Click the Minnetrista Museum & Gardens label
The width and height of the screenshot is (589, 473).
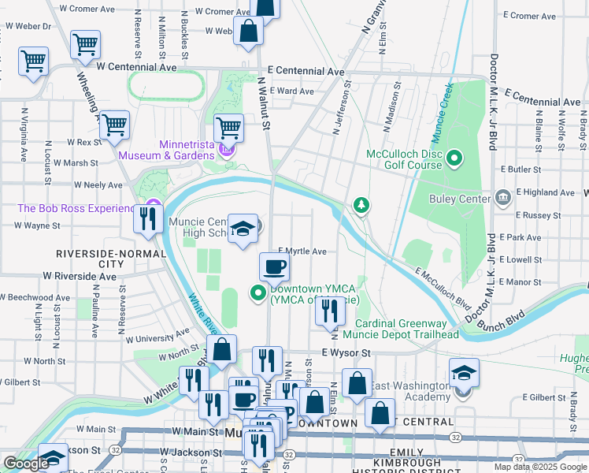(165, 150)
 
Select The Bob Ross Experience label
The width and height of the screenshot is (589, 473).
(76, 208)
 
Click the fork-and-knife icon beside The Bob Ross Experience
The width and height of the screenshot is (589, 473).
(147, 217)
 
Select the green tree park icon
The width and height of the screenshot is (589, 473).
(361, 206)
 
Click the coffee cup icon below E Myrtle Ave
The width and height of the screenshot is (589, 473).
(274, 266)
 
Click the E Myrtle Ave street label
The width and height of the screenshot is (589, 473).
(302, 251)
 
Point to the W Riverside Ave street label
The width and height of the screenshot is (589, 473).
(80, 276)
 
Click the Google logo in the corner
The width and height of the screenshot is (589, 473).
(26, 464)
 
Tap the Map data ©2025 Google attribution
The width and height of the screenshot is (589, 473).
(540, 467)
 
